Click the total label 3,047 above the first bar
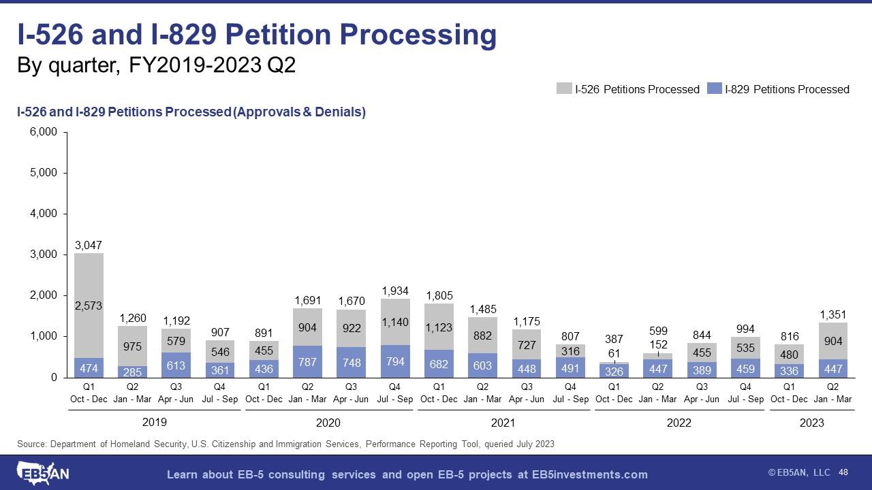tap(89, 244)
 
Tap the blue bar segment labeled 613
tap(176, 365)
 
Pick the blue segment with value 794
tap(394, 361)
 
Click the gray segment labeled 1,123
tap(439, 328)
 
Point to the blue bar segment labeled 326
tap(614, 371)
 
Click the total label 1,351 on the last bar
tap(832, 314)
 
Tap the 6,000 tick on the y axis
tap(43, 132)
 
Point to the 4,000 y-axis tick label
tap(43, 214)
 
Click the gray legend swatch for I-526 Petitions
tap(564, 88)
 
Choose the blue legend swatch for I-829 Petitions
tap(715, 88)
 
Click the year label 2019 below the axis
tap(154, 422)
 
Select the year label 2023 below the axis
tap(811, 423)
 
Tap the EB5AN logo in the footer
tap(43, 472)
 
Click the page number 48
tap(843, 472)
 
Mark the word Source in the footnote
tap(32, 444)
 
